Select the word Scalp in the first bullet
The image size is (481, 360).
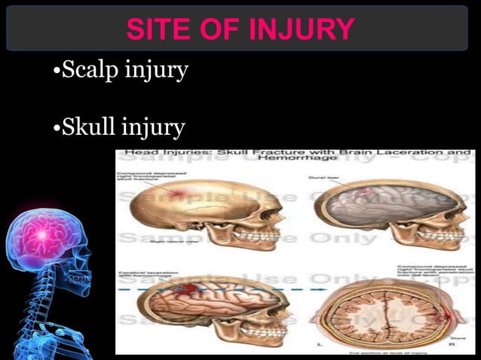click(x=89, y=72)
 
